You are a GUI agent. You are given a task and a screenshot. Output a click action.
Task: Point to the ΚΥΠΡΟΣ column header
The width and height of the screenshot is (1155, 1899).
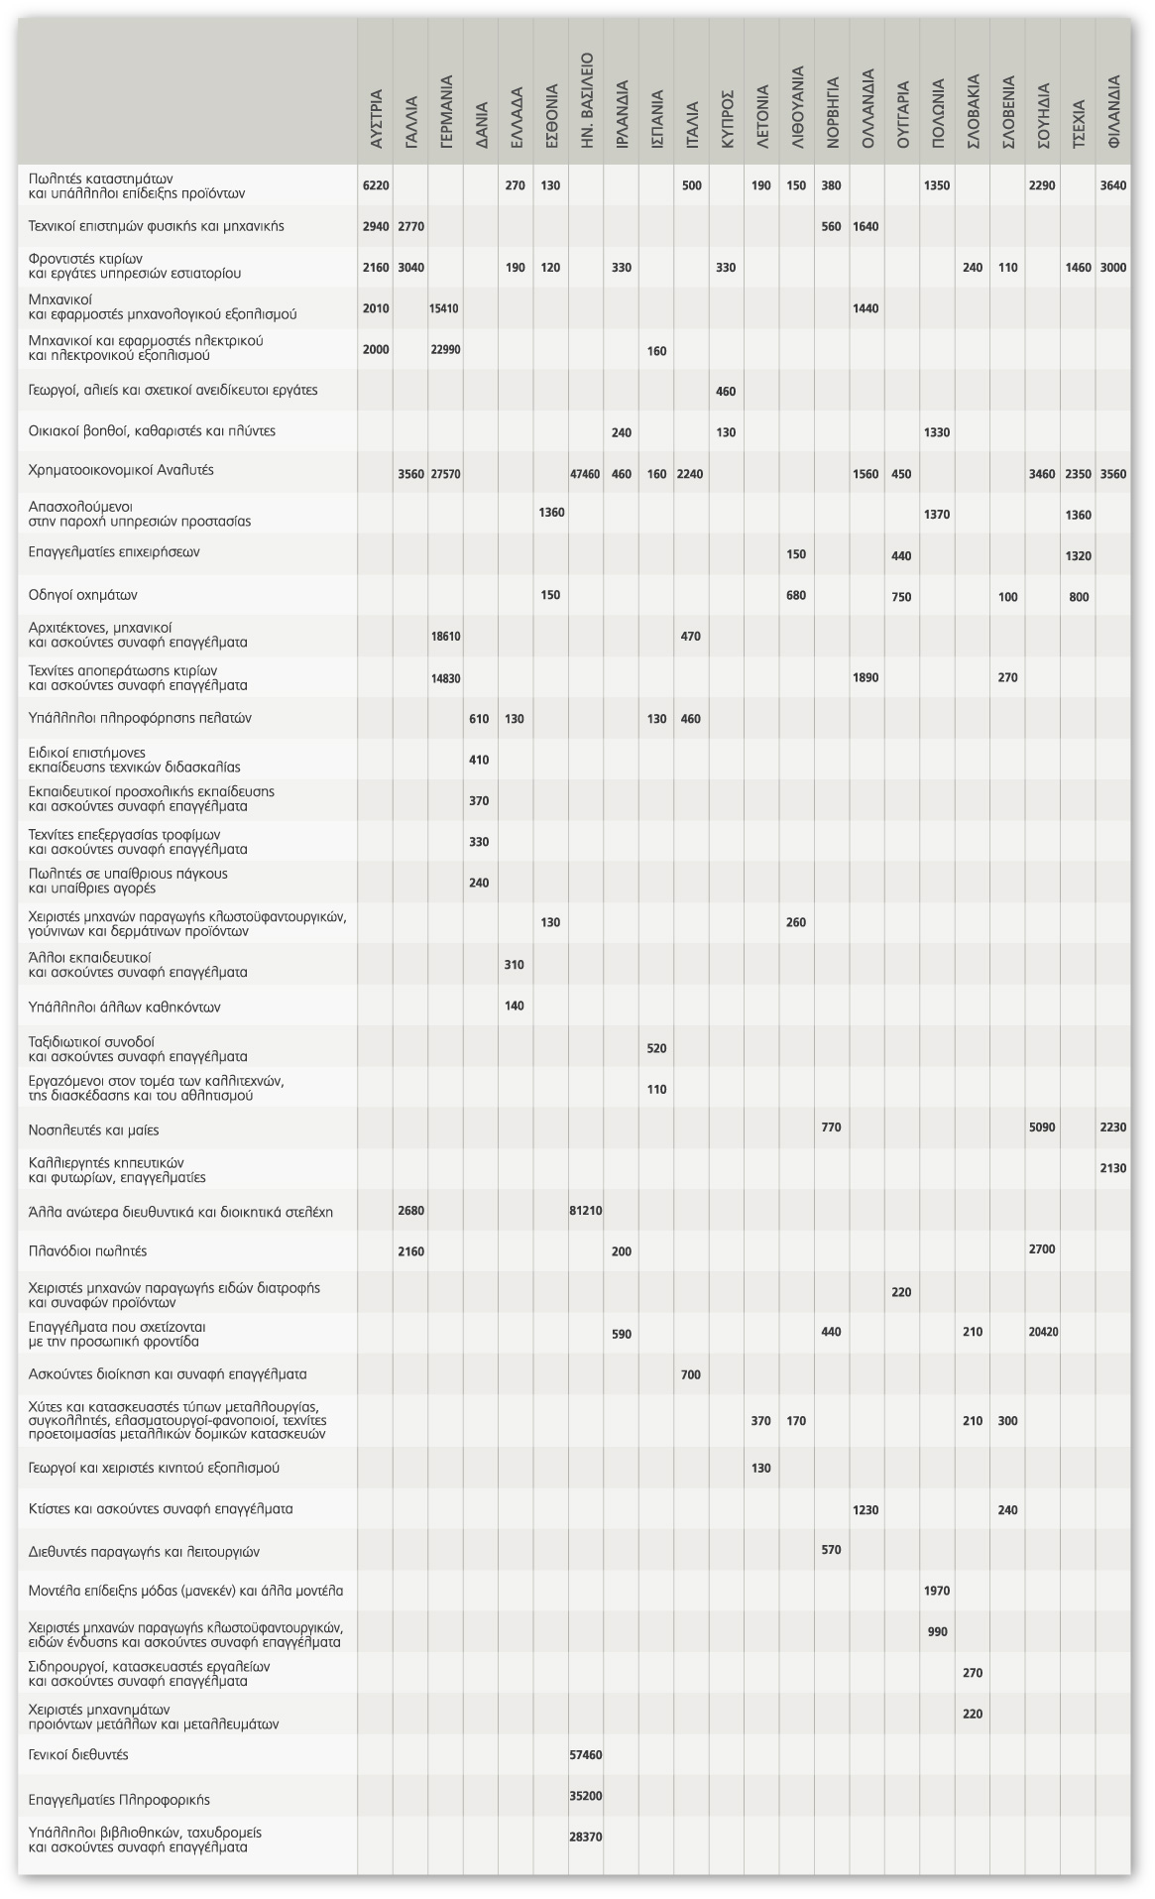pos(727,123)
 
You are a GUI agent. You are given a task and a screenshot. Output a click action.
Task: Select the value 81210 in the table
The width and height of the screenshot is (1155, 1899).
pos(586,1211)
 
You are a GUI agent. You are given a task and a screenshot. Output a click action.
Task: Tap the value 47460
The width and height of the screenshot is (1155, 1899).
pos(586,474)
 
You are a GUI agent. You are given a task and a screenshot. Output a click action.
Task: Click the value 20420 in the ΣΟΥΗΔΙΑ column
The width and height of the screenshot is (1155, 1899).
pos(1043,1332)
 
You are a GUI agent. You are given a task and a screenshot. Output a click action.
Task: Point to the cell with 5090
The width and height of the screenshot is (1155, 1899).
pos(1043,1128)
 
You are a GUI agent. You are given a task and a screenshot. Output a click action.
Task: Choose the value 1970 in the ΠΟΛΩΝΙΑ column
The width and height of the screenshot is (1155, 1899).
pos(937,1591)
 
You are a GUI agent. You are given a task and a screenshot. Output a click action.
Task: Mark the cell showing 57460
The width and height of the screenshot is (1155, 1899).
pos(586,1755)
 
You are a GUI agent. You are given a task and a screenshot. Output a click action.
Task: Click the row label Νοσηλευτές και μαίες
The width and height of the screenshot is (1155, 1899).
pos(94,1129)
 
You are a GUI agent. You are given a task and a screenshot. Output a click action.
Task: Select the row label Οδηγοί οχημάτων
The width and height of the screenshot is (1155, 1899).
pos(83,595)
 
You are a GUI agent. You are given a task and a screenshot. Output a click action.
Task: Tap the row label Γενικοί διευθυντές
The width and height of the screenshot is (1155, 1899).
pos(79,1754)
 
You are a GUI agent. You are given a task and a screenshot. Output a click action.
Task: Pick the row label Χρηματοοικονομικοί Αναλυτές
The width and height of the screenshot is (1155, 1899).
pos(121,470)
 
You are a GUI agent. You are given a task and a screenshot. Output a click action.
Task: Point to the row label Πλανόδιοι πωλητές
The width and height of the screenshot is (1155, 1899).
pos(88,1251)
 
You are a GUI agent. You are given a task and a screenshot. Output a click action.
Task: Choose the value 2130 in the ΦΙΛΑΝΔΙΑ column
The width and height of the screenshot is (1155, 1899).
pos(1113,1168)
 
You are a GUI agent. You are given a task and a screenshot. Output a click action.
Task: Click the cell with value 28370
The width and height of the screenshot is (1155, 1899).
pos(586,1838)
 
